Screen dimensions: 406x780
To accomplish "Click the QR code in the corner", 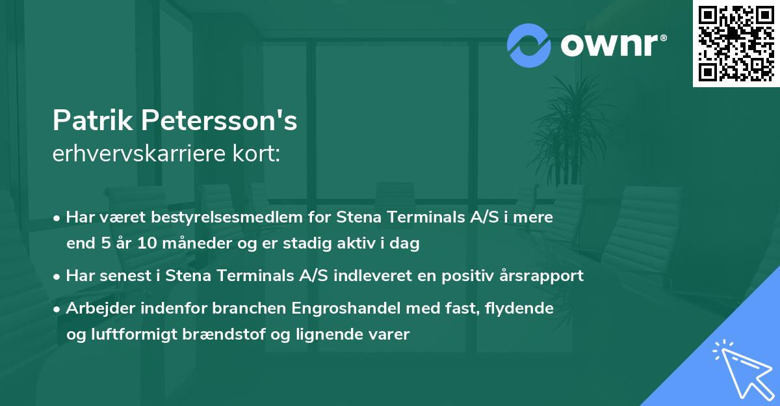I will click(736, 44).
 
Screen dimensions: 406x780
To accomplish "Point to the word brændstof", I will click(226, 335).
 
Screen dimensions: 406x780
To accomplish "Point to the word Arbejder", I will click(94, 308).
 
